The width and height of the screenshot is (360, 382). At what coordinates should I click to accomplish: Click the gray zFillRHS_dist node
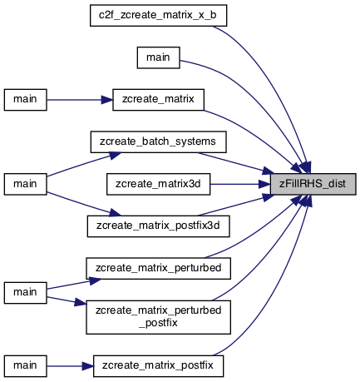click(313, 184)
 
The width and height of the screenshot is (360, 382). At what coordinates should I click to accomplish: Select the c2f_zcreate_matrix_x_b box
click(158, 16)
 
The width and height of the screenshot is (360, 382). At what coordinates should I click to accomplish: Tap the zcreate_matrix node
click(158, 100)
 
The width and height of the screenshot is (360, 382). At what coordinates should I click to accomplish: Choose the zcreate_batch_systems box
click(158, 142)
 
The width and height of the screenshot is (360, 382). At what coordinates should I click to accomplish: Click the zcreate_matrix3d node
click(158, 184)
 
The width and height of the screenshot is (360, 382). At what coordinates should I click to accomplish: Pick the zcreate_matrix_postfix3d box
click(158, 226)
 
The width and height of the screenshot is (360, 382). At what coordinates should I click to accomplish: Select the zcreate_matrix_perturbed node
click(158, 269)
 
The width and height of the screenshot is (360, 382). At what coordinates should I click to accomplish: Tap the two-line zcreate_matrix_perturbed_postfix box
click(158, 317)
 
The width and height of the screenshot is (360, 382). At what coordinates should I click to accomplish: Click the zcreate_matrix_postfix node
click(158, 366)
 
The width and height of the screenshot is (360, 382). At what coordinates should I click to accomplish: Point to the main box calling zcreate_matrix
click(26, 100)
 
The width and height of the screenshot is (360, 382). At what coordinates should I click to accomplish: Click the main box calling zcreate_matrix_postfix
click(26, 366)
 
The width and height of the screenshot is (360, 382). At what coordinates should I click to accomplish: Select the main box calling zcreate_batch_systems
click(26, 184)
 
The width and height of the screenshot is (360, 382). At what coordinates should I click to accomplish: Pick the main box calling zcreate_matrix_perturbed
click(26, 293)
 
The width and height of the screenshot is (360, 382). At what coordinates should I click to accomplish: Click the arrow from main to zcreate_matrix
click(80, 100)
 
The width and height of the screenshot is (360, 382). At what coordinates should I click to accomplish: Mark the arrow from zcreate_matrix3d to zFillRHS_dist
click(240, 184)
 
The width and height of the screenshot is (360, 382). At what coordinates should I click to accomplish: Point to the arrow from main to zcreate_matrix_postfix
click(70, 366)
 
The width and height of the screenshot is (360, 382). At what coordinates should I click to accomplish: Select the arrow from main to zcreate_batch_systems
click(83, 164)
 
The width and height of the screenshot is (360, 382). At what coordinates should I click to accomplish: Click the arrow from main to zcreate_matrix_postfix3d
click(83, 205)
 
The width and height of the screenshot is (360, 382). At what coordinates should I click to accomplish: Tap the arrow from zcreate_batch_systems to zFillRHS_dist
click(235, 163)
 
